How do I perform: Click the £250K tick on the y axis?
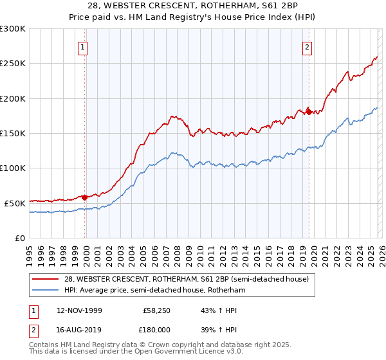click(13, 64)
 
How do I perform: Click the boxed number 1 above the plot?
click(84, 47)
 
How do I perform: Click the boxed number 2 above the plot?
click(308, 47)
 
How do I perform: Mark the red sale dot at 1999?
click(84, 197)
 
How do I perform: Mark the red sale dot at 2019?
click(308, 112)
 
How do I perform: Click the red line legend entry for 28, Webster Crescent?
click(187, 279)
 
